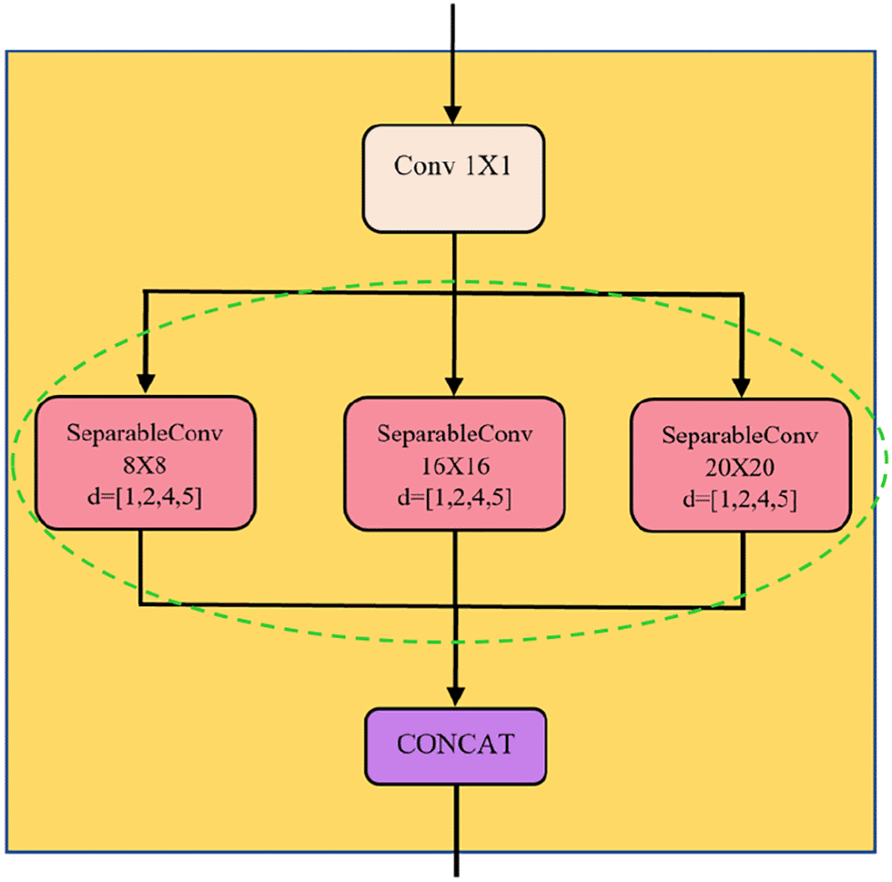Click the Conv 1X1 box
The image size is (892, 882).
454,179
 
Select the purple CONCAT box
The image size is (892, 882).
454,745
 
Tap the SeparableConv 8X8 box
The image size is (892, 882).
145,463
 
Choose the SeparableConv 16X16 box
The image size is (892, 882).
454,464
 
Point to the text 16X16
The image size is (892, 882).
454,465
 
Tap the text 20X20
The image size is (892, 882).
741,468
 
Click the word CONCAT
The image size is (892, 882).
454,745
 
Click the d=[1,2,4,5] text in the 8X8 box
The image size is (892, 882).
145,495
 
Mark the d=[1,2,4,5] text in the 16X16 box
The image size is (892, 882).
454,497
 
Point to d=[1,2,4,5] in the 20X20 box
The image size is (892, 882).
741,500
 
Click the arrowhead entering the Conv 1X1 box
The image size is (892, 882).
453,114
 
